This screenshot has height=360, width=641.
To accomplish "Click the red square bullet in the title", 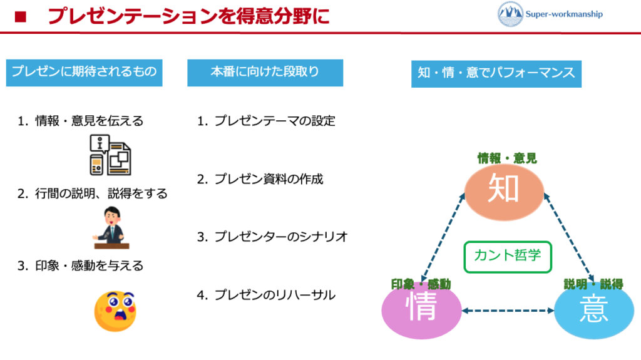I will point(21,16).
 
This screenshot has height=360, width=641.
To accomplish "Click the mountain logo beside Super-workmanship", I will point(510,14).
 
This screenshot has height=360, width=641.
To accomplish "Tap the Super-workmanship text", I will point(563,14).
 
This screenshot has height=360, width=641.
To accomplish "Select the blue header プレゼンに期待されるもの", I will point(84,72).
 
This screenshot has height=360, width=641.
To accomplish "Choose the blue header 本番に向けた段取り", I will point(265,72).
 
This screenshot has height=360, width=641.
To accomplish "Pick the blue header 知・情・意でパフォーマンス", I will point(496,73).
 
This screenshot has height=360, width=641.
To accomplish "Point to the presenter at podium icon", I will point(111,227).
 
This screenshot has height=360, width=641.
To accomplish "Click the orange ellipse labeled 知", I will point(504,190).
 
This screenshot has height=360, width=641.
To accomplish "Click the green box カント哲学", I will point(508,257).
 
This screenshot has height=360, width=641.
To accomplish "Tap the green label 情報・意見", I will point(507,159).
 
